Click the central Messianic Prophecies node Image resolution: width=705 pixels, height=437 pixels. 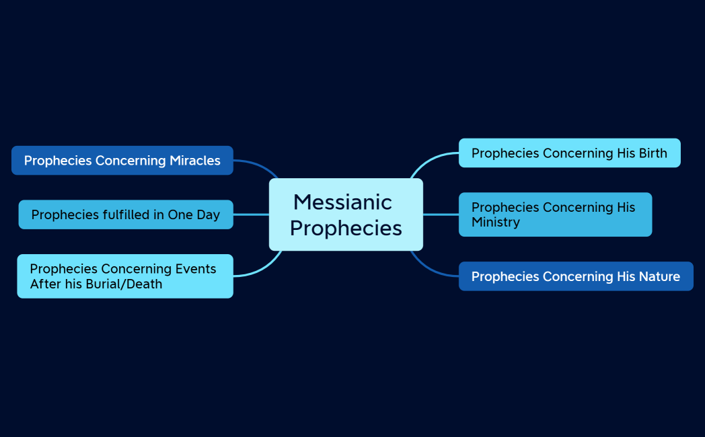click(346, 214)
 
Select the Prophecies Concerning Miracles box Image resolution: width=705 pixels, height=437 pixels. click(122, 161)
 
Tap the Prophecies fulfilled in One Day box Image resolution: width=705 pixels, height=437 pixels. click(125, 214)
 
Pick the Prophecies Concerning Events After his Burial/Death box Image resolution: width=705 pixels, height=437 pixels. click(124, 276)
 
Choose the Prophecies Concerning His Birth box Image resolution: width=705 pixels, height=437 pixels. click(569, 153)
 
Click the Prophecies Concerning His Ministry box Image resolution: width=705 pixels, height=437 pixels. click(555, 214)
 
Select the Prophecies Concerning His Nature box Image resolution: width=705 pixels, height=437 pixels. click(575, 276)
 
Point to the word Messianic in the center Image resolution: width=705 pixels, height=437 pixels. click(342, 202)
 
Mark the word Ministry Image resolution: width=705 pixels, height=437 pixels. click(495, 223)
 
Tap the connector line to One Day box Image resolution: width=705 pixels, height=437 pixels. click(251, 214)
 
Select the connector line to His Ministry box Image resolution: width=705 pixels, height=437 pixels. click(441, 214)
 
